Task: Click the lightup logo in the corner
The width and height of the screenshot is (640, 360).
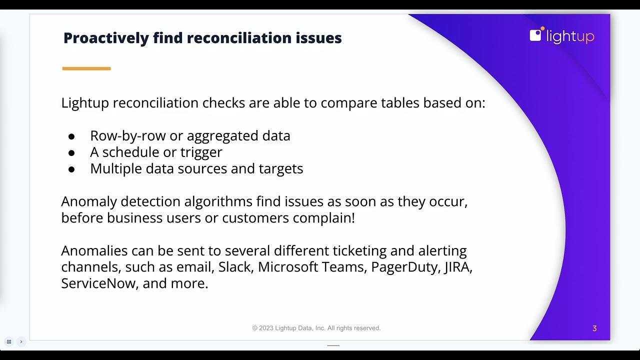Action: (x=561, y=35)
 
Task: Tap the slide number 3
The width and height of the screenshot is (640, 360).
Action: (x=594, y=328)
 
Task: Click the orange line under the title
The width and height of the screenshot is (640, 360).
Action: (x=86, y=68)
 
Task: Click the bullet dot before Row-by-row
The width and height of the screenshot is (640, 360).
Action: (x=71, y=136)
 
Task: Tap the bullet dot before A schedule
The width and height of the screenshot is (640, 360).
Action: (x=71, y=153)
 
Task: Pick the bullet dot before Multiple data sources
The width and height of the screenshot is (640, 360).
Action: (x=71, y=169)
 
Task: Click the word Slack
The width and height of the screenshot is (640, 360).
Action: (x=234, y=267)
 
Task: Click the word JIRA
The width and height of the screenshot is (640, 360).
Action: (x=457, y=267)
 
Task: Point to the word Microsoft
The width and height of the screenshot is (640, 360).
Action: (x=287, y=267)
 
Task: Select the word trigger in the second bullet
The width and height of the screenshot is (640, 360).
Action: (x=201, y=152)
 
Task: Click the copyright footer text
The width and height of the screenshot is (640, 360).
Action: (x=316, y=328)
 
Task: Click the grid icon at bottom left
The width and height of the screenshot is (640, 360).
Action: (x=9, y=342)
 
